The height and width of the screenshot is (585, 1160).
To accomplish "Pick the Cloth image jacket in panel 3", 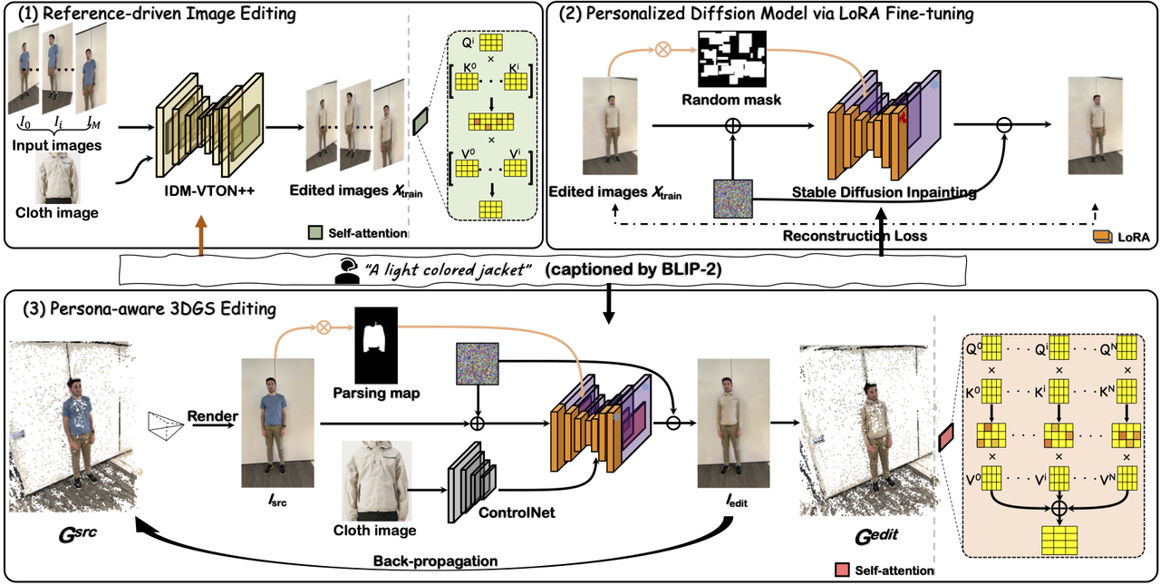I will pos(377,481).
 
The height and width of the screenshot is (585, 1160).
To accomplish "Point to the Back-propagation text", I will pos(436,561).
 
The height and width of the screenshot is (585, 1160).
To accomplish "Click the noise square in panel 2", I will pos(731,197).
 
